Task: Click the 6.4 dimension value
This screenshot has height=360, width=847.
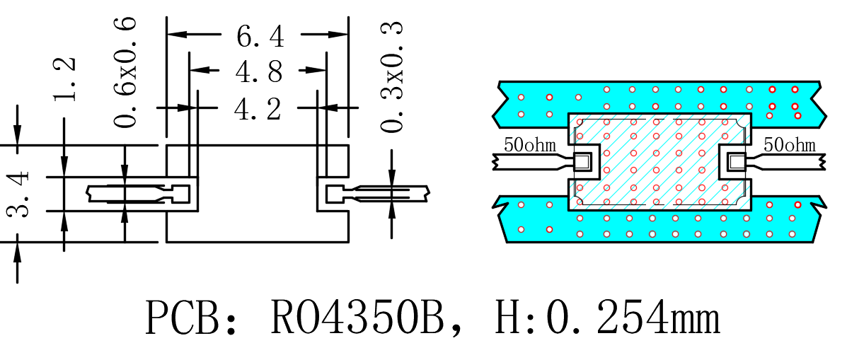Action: [260, 35]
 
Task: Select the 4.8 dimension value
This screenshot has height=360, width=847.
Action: [259, 71]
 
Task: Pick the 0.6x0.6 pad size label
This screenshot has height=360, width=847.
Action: [125, 71]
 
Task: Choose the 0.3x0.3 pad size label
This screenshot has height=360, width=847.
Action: [392, 77]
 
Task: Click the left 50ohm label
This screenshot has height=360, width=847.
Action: [530, 145]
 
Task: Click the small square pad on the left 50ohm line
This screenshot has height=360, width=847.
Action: [583, 161]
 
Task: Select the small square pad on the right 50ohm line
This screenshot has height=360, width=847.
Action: [736, 161]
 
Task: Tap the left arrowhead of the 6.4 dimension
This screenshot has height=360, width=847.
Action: [177, 34]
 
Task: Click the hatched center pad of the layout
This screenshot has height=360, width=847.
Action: [659, 162]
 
